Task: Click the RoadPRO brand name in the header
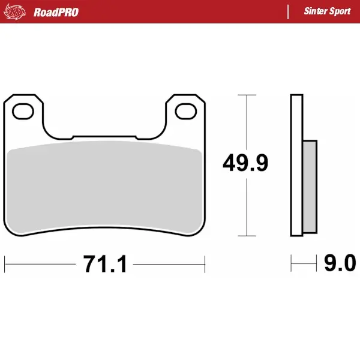click(56, 12)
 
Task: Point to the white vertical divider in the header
click(289, 11)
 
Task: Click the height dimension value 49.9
click(245, 163)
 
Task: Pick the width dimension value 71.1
click(105, 264)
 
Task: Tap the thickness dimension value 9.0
click(340, 263)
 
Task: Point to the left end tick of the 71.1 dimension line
click(5, 263)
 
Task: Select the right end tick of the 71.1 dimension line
click(205, 263)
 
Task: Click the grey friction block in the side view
click(309, 186)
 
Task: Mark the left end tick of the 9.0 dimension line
click(292, 263)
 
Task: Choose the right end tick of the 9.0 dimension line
click(316, 263)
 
